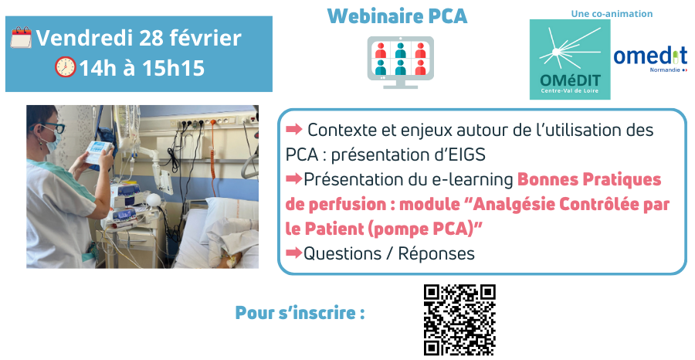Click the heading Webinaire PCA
click(x=397, y=16)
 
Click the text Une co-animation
click(x=612, y=13)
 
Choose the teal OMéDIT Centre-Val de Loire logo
click(x=569, y=59)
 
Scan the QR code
click(x=459, y=320)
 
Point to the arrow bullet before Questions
click(x=293, y=253)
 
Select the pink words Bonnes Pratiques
click(x=589, y=180)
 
